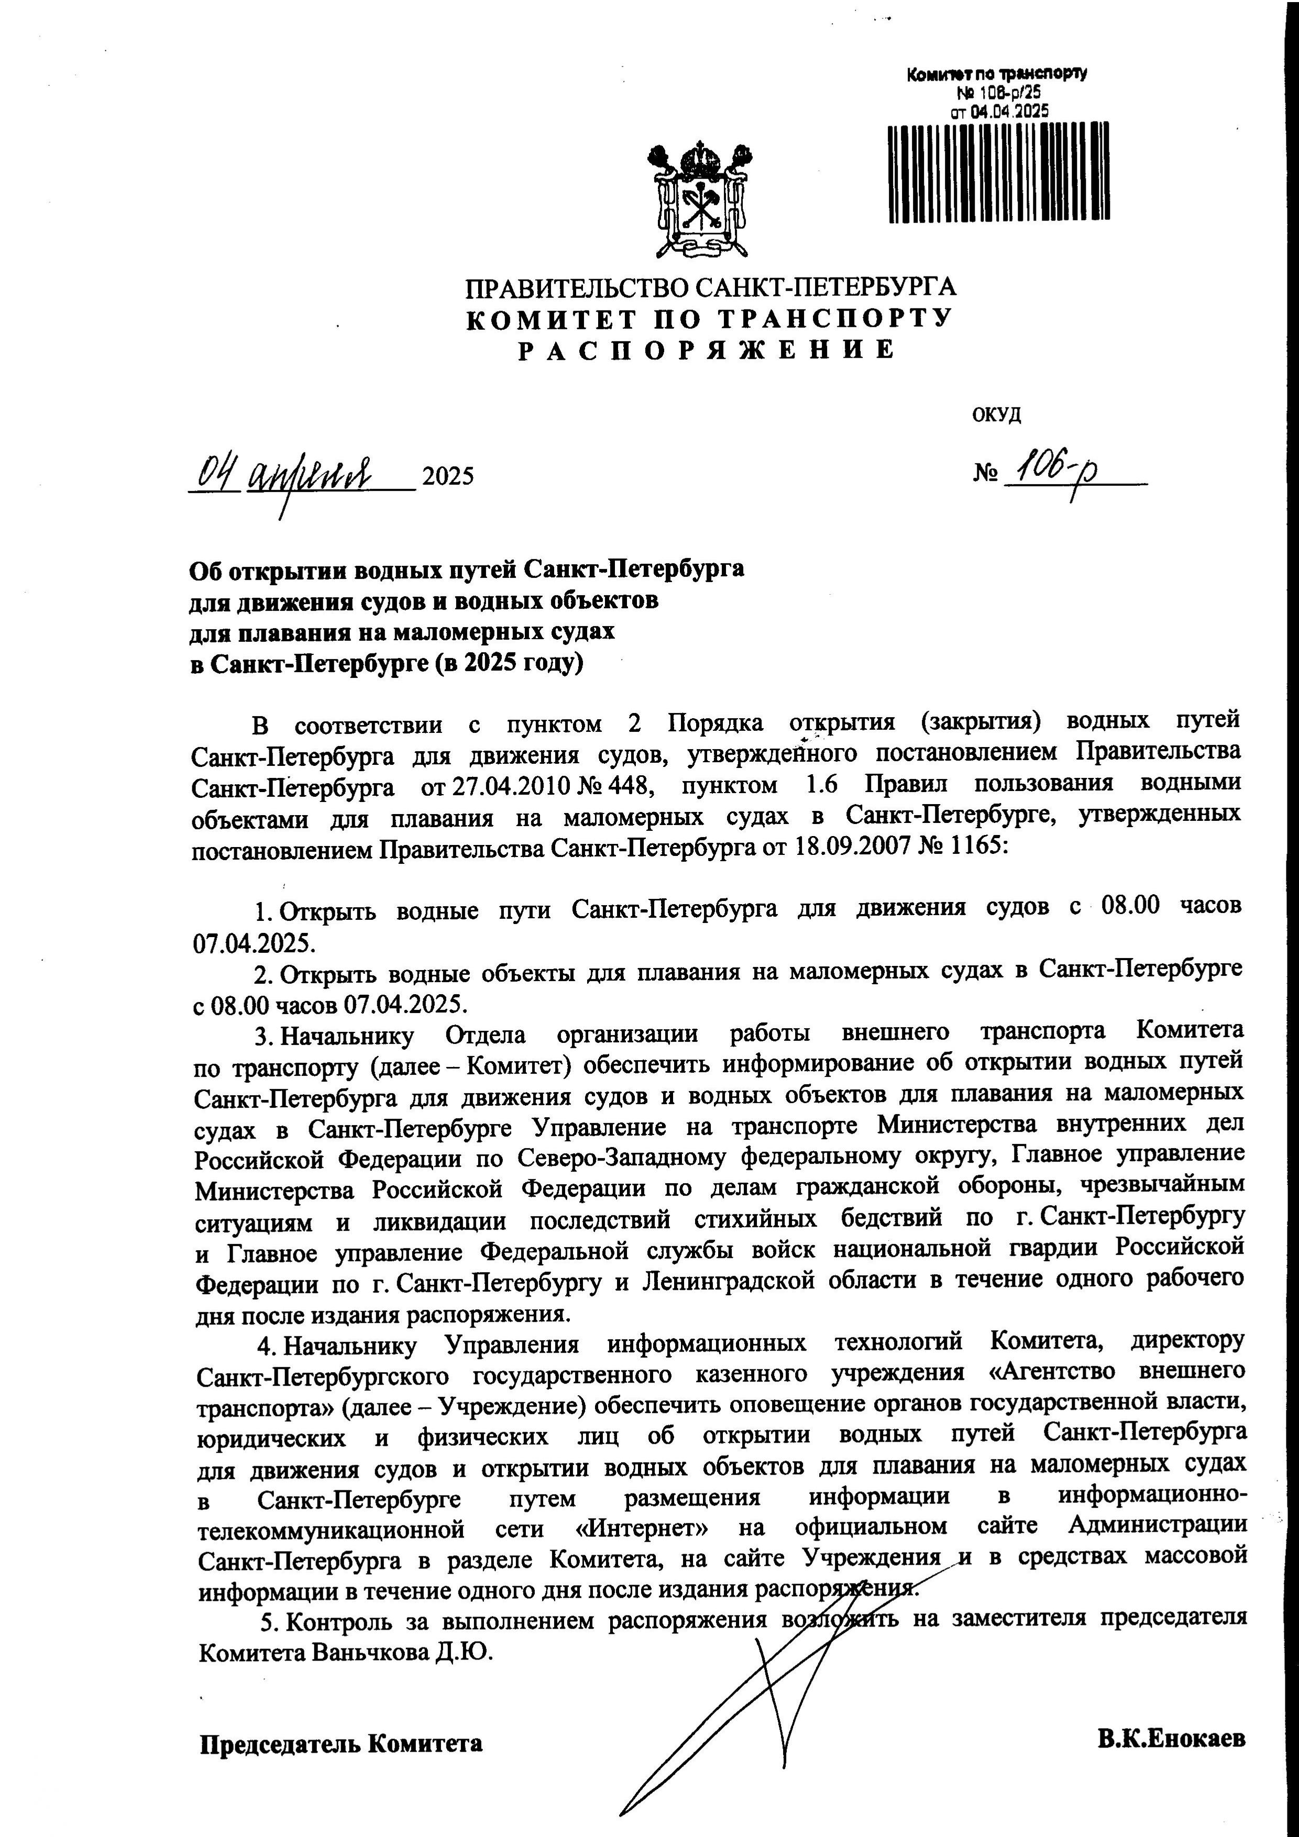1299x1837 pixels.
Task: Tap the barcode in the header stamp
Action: pyautogui.click(x=999, y=173)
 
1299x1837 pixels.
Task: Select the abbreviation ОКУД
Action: pyautogui.click(x=996, y=415)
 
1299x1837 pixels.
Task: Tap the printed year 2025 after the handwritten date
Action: pyautogui.click(x=448, y=477)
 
